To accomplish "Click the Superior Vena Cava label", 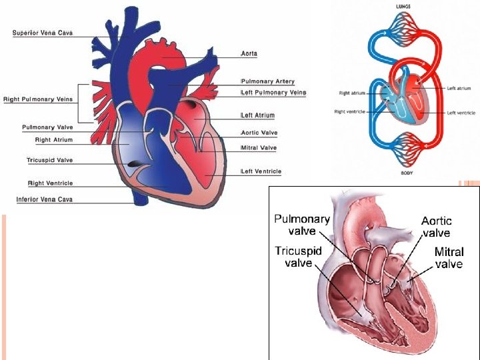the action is click(x=43, y=33).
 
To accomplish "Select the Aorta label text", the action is click(x=249, y=53).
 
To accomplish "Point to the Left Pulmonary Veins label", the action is click(x=273, y=93).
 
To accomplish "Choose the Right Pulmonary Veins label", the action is click(x=38, y=99).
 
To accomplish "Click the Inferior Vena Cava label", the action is click(x=45, y=199).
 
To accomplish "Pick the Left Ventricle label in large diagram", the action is click(x=262, y=171).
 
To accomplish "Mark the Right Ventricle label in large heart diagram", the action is click(x=50, y=183).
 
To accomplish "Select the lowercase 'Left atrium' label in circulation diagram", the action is click(x=459, y=88).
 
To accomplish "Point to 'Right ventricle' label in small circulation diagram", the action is click(x=349, y=112).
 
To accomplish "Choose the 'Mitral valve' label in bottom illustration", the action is click(x=449, y=258).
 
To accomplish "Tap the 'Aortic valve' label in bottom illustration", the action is click(x=436, y=227).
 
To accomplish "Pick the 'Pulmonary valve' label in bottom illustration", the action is click(x=302, y=225).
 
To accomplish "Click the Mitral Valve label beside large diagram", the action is click(x=259, y=147).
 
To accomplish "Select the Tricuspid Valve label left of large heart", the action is click(x=49, y=160).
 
